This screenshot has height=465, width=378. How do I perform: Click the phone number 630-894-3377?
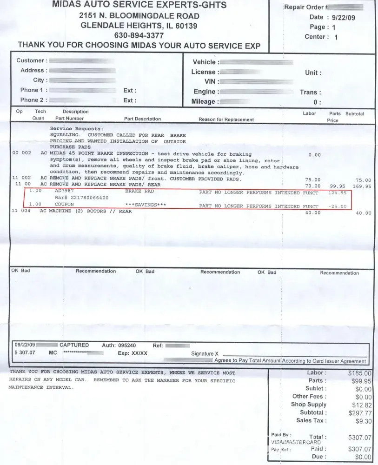[x=139, y=35]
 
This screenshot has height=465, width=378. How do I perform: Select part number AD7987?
[x=64, y=191]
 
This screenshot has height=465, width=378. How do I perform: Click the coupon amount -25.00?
[x=337, y=206]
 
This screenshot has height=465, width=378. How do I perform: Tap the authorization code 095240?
[x=126, y=345]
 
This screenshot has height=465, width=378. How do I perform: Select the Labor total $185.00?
[x=360, y=373]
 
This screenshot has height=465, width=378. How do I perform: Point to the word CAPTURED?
[x=74, y=345]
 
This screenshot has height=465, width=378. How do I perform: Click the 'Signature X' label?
[x=205, y=354]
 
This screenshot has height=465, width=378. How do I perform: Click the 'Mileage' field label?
[x=204, y=101]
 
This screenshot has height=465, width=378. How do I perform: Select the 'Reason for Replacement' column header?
[x=226, y=120]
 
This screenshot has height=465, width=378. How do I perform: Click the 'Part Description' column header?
[x=142, y=119]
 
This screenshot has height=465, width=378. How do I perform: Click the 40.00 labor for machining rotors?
[x=312, y=213]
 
